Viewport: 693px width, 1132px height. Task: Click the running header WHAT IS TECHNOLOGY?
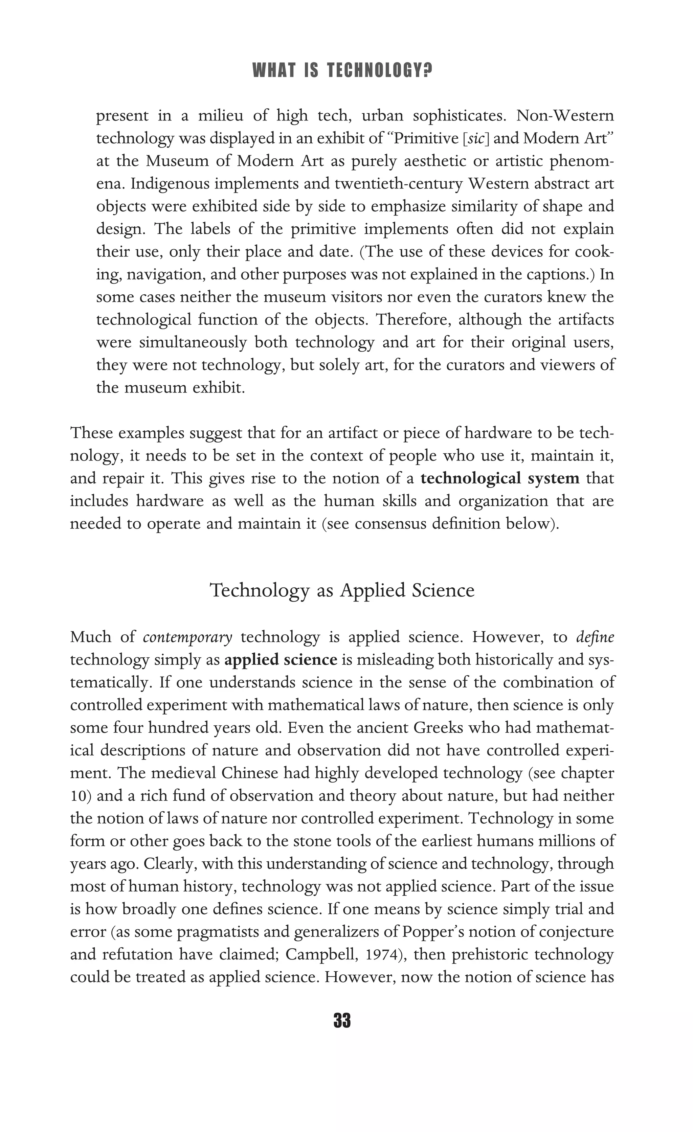point(342,71)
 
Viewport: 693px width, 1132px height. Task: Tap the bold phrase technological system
point(500,479)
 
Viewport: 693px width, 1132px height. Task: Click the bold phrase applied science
point(281,660)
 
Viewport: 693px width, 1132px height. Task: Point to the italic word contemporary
point(187,638)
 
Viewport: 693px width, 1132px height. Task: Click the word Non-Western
point(565,116)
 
